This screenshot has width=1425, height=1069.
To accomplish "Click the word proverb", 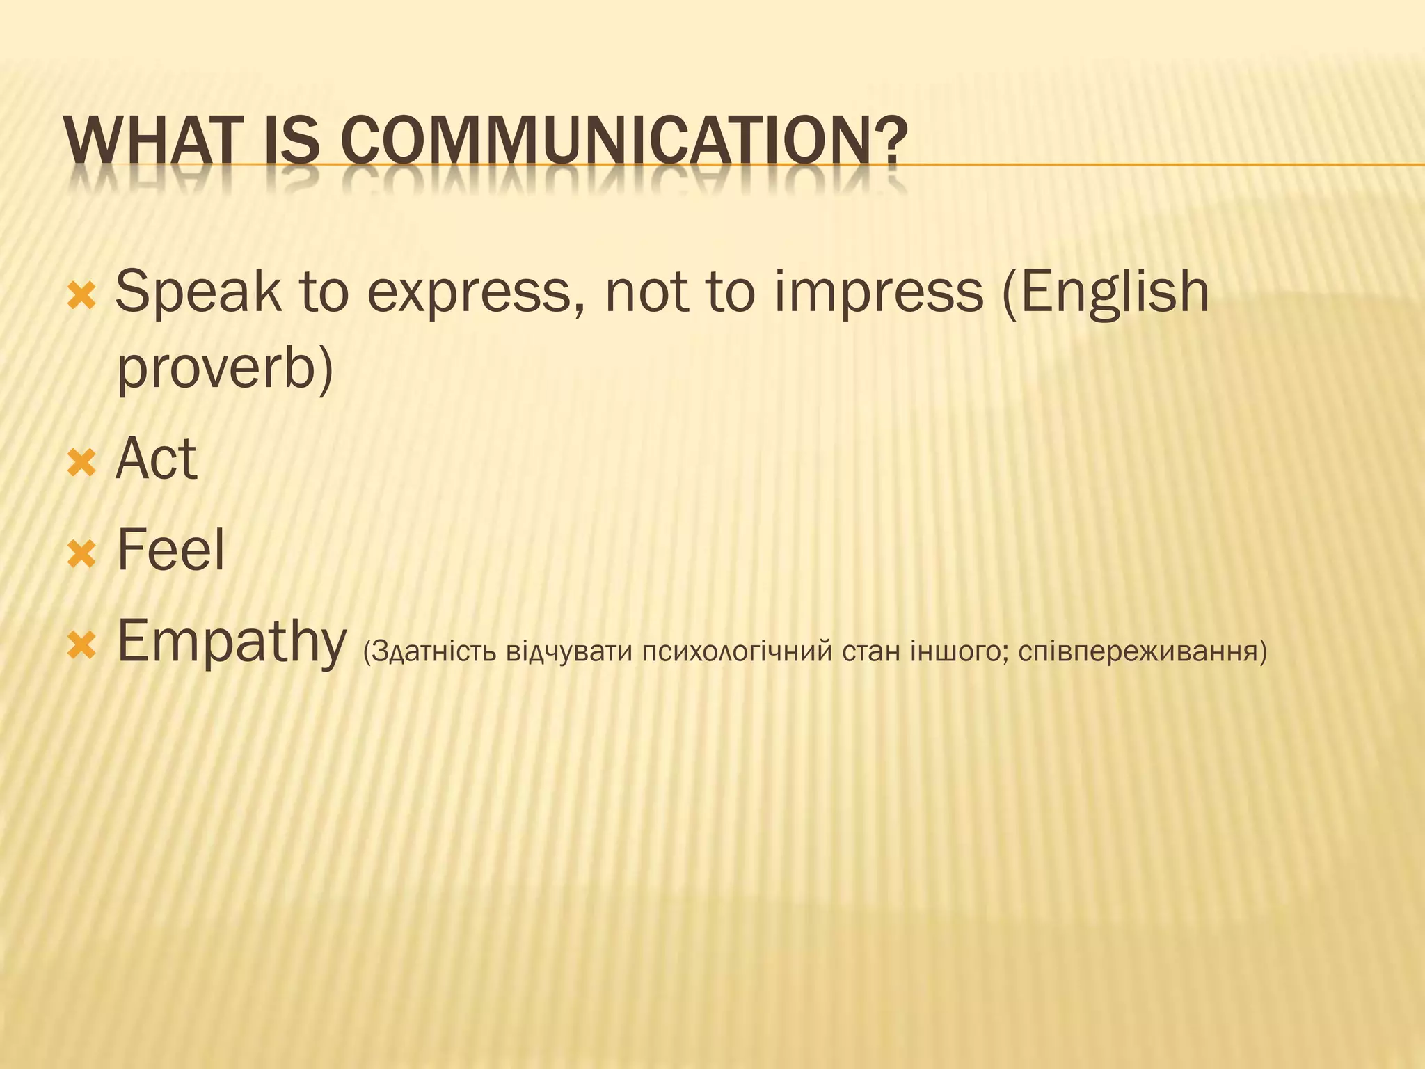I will click(216, 369).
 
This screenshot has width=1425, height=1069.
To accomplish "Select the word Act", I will click(157, 459).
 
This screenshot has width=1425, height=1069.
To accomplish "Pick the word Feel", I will click(171, 550).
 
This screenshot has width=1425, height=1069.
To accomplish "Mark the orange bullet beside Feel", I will click(81, 554).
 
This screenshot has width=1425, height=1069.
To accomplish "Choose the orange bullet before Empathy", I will click(81, 645).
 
